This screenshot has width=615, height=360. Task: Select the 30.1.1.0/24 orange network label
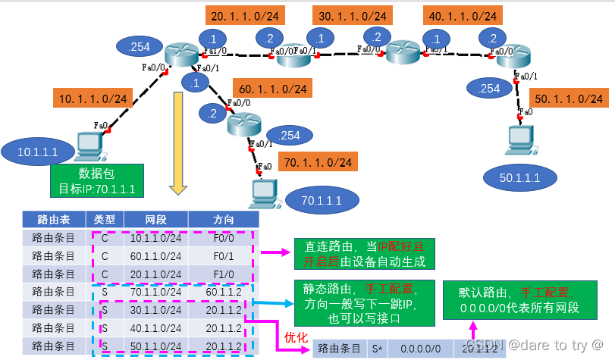tap(353, 15)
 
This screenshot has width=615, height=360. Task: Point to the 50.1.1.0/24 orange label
tap(569, 99)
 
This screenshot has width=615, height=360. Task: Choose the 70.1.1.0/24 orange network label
tap(317, 161)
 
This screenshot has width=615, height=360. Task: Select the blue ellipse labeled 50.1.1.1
tap(520, 177)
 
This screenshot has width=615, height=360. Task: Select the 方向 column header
tap(223, 220)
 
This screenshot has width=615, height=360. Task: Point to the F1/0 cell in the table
tap(223, 274)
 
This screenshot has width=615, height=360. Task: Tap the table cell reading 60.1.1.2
tap(223, 292)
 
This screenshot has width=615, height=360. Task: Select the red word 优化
tap(295, 336)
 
